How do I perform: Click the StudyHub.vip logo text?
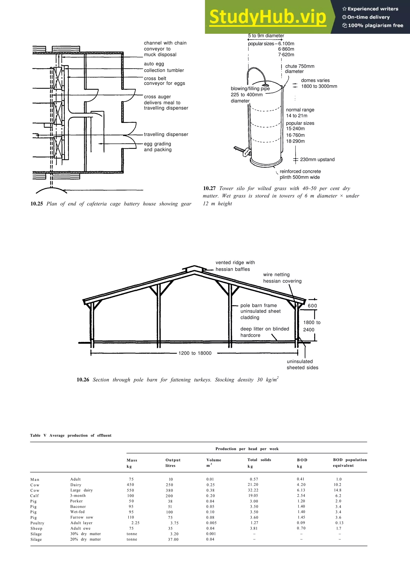pyautogui.click(x=267, y=17)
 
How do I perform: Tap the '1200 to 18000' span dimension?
pyautogui.click(x=195, y=353)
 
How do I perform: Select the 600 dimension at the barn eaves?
pyautogui.click(x=312, y=306)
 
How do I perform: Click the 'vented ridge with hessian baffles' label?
pyautogui.click(x=235, y=266)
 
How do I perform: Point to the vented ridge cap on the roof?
pyautogui.click(x=194, y=268)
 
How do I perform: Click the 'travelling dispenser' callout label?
pyautogui.click(x=166, y=134)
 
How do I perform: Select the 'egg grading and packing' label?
pyautogui.click(x=158, y=147)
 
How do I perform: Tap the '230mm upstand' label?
pyautogui.click(x=317, y=160)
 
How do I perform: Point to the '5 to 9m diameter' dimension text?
pyautogui.click(x=266, y=36)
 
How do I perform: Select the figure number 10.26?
pyautogui.click(x=83, y=380)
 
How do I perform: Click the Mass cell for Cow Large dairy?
pyautogui.click(x=130, y=490)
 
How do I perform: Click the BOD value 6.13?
pyautogui.click(x=301, y=490)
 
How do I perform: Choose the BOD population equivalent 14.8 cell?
pyautogui.click(x=338, y=490)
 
